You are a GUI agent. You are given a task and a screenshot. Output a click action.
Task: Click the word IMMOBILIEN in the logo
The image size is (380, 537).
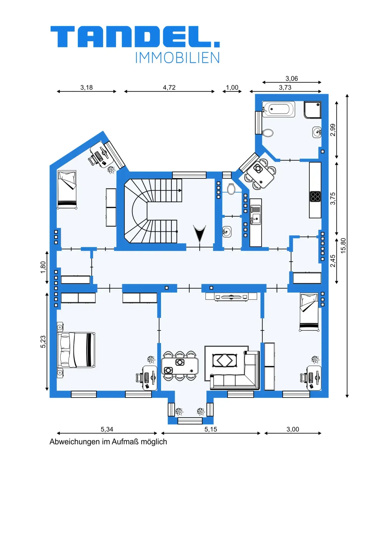[178, 58]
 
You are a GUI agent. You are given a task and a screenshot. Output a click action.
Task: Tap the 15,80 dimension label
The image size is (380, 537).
[343, 246]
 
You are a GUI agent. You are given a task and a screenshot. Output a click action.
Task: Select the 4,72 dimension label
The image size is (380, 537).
[169, 88]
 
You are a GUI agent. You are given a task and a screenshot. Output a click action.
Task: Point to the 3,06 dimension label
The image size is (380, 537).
[292, 79]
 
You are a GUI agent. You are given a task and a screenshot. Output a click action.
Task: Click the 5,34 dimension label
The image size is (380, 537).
[107, 429]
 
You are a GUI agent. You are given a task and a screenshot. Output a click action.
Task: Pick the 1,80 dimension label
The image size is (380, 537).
[43, 267]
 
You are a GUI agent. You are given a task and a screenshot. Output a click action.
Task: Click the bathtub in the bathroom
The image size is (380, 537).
[278, 109]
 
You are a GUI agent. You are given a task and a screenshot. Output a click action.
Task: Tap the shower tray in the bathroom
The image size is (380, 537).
[313, 110]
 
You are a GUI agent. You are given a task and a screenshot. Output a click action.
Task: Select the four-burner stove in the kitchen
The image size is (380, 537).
[315, 196]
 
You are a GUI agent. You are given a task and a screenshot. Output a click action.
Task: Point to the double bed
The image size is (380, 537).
[76, 350]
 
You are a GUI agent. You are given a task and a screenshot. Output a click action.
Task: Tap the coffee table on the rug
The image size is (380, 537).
[225, 361]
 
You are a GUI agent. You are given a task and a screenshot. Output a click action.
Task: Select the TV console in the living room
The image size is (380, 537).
[231, 296]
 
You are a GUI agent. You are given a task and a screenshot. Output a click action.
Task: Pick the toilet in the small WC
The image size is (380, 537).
[231, 189]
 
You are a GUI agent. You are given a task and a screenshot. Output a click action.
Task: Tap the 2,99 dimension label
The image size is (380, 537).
[333, 130]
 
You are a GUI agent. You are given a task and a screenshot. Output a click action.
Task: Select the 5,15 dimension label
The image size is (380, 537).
[211, 429]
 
